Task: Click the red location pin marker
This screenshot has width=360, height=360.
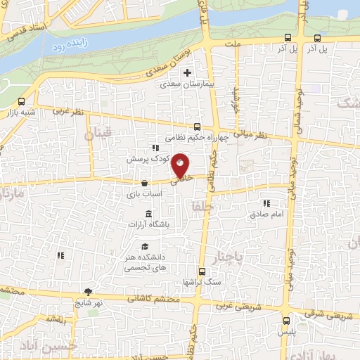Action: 181,165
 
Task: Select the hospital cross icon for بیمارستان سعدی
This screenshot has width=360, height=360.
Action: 187,72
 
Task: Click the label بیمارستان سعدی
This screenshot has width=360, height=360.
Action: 187,84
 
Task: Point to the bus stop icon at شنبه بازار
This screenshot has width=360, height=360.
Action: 22,101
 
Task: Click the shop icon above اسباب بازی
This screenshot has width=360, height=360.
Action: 144,183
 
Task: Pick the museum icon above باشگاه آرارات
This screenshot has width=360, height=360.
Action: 148,214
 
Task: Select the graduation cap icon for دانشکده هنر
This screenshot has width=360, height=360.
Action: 145,247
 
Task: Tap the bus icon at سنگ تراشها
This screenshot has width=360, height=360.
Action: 202,271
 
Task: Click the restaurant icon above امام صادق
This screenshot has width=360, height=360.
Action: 266,202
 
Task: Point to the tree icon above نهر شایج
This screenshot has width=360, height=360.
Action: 88,292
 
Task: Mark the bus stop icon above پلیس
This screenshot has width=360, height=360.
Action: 285,319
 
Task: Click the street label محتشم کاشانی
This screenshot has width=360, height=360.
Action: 153,299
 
